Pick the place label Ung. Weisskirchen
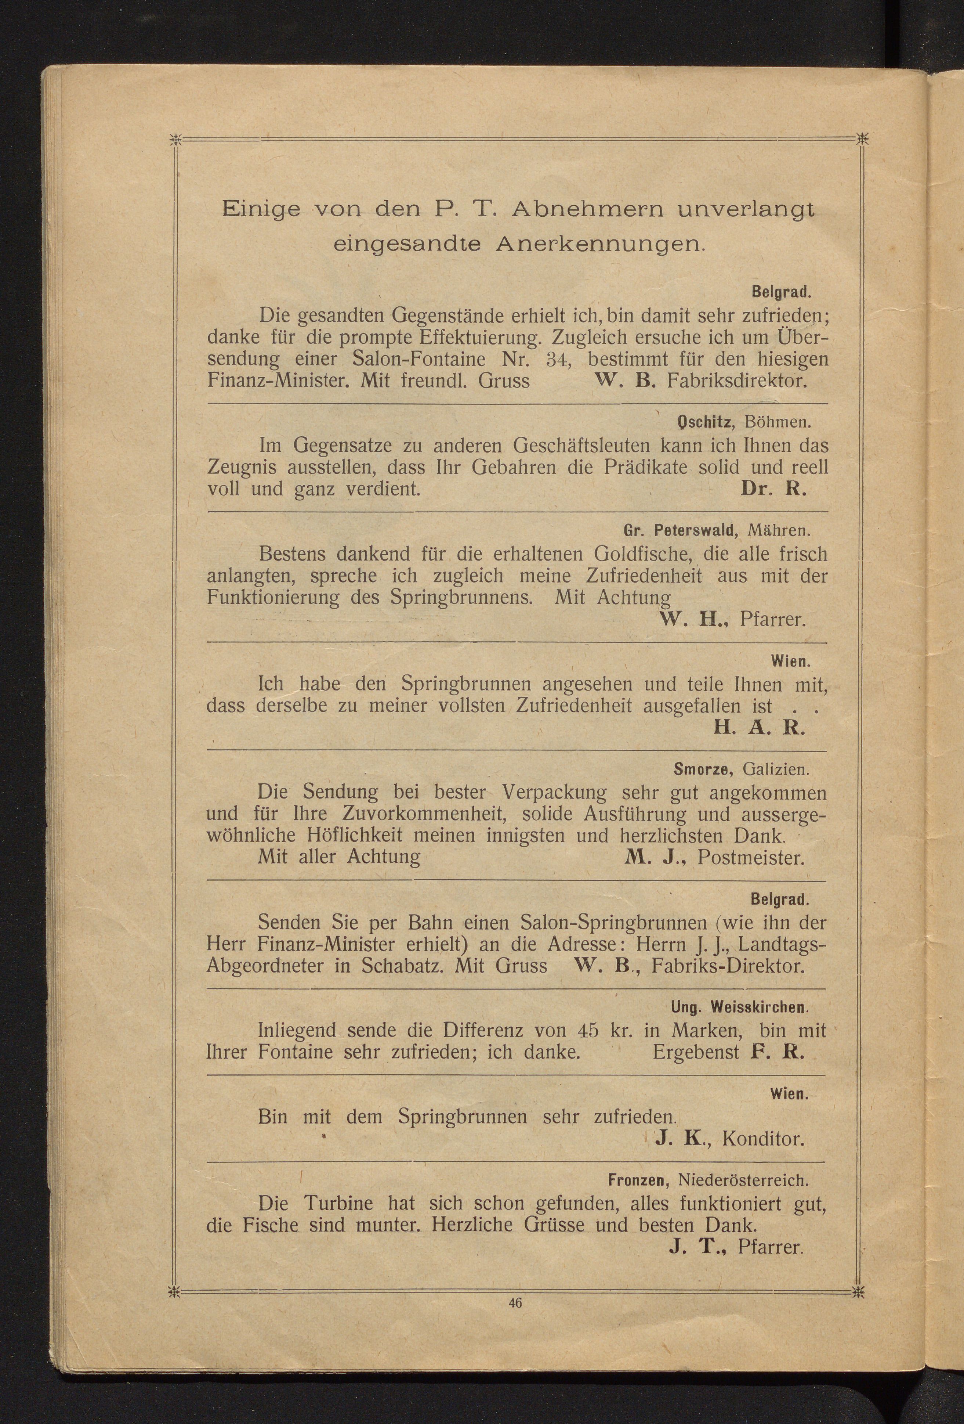(739, 1007)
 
